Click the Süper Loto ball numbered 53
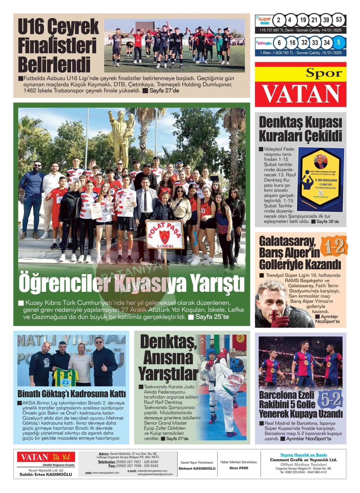click(339, 20)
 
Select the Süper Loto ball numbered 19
click(303, 20)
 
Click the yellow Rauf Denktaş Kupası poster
click(321, 179)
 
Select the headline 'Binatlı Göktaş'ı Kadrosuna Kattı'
click(72, 394)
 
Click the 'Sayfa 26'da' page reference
click(327, 222)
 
